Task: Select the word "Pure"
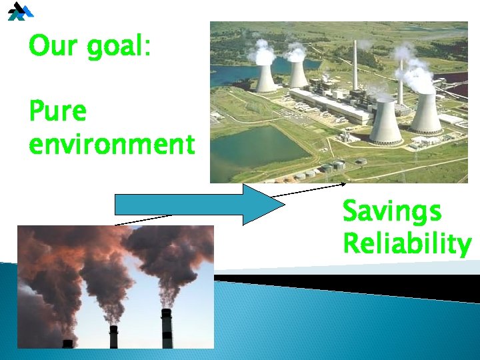[58, 111]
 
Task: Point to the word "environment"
[112, 143]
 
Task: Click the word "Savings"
[391, 213]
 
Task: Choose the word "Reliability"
[407, 243]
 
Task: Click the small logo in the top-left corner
[20, 11]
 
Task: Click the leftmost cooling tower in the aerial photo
[266, 78]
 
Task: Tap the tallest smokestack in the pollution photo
[166, 328]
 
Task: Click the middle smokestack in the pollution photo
[113, 337]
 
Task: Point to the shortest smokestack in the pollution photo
[67, 343]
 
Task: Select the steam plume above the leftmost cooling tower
[263, 52]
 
